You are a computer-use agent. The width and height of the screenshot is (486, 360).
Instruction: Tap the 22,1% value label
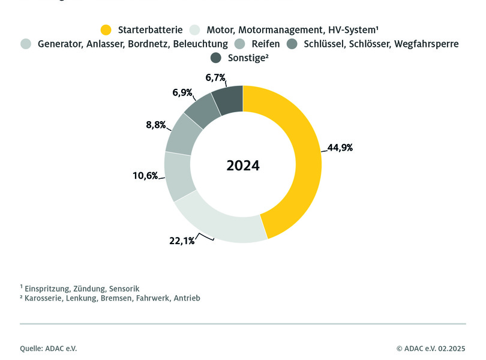[x=181, y=241]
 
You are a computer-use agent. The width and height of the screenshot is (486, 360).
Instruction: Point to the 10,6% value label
[x=145, y=176]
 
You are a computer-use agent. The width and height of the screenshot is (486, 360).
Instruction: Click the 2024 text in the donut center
[x=243, y=166]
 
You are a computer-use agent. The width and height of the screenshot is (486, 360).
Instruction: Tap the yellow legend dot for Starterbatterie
[x=106, y=29]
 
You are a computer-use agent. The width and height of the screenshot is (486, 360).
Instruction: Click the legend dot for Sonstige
[x=216, y=58]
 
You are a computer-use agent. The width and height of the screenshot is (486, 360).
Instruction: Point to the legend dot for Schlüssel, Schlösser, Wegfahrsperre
[x=293, y=43]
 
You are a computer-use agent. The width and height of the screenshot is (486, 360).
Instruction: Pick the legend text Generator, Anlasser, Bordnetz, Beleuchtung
[x=133, y=43]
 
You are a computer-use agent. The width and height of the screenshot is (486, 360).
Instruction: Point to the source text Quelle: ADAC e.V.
[x=49, y=348]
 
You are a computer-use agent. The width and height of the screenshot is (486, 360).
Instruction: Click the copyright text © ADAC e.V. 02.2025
[x=431, y=348]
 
